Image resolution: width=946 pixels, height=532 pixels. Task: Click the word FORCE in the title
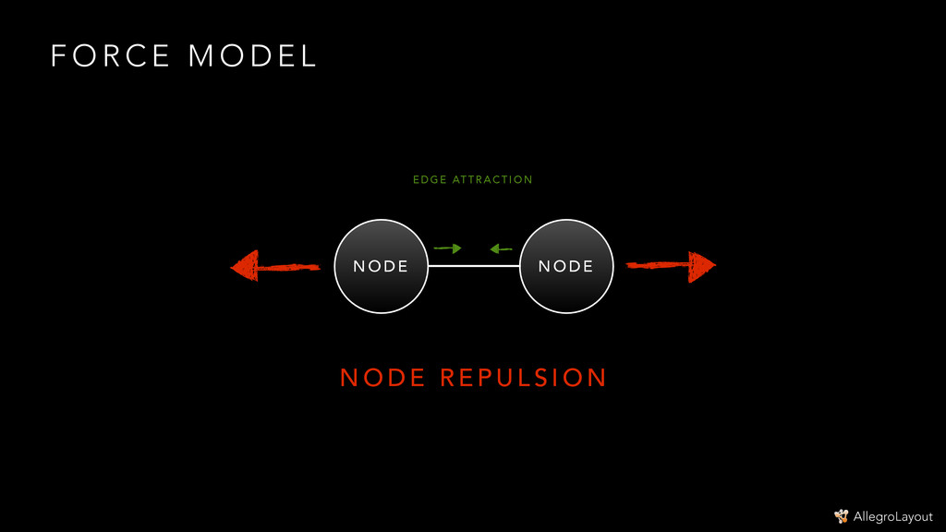[x=110, y=56]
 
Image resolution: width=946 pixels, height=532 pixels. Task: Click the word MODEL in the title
[x=252, y=56]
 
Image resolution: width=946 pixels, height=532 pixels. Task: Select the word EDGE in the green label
[x=430, y=180]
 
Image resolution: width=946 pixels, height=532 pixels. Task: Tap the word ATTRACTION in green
[x=492, y=180]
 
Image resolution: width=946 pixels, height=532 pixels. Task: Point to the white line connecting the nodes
[x=474, y=266]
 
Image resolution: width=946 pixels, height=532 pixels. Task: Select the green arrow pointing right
[x=447, y=248]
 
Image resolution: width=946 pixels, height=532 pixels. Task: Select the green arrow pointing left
[x=501, y=248]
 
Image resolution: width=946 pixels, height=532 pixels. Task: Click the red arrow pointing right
[x=671, y=266]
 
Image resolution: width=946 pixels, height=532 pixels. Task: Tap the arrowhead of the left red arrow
[x=245, y=267]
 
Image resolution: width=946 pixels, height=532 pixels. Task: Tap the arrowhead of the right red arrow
[x=702, y=266]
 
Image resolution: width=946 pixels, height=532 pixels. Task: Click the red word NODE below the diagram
[x=382, y=378]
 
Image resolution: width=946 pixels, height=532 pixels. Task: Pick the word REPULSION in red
[x=523, y=378]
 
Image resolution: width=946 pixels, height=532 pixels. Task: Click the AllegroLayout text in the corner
[x=893, y=516]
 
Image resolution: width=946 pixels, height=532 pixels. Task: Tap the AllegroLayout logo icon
[x=841, y=516]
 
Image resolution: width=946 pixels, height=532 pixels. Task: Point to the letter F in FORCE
[x=58, y=56]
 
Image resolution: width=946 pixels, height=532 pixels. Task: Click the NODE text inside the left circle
[x=381, y=267]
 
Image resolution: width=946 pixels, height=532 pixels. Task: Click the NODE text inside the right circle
[x=566, y=267]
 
